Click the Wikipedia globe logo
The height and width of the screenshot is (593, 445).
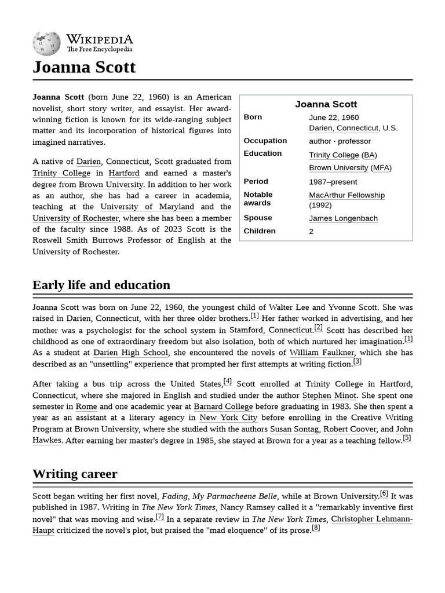46,44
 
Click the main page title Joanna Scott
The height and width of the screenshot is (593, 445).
84,67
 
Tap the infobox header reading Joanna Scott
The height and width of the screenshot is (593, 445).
326,104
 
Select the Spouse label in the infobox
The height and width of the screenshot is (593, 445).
258,218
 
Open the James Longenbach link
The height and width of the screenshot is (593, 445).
343,218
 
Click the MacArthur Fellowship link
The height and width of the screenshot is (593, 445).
346,195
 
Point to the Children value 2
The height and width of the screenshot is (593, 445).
311,231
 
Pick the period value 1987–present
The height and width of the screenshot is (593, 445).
333,182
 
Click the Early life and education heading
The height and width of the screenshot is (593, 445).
101,285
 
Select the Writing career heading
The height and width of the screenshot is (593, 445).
75,474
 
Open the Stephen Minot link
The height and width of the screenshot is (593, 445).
329,396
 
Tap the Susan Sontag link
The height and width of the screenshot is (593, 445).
294,429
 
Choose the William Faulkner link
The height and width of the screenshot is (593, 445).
322,352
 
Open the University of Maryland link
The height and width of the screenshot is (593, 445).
147,207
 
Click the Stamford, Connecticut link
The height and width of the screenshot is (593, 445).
271,330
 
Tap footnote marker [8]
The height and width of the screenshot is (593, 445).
316,528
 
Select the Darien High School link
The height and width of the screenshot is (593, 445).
131,352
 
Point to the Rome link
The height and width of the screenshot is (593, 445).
86,407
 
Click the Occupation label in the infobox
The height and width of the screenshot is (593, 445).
265,141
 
